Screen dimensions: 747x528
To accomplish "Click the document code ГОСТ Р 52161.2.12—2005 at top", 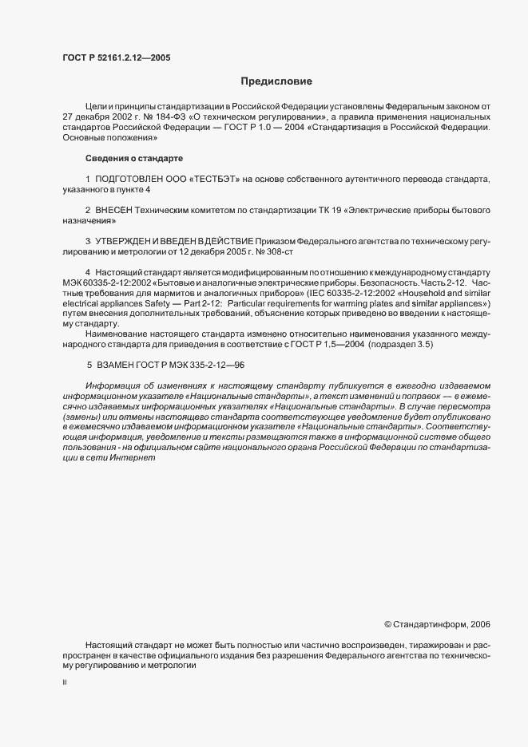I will pos(116,57).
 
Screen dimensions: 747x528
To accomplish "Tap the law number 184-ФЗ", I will pos(165,117).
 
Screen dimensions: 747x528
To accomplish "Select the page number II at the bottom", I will pos(64,683).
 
